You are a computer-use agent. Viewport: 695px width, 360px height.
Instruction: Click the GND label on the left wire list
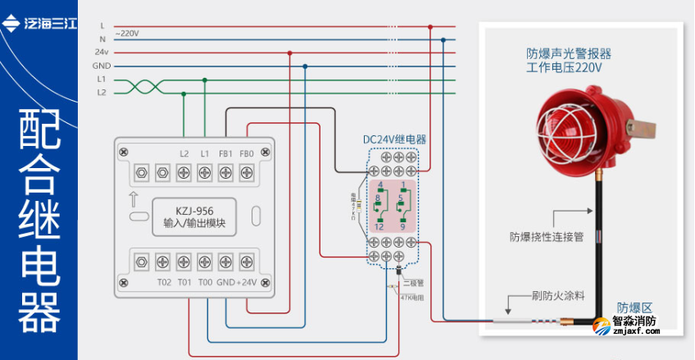click(102, 65)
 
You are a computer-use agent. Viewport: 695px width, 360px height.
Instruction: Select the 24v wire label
click(102, 52)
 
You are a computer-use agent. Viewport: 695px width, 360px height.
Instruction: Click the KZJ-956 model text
click(194, 210)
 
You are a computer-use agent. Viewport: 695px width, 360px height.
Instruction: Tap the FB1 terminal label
click(225, 153)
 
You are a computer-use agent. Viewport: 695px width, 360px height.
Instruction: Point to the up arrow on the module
click(133, 198)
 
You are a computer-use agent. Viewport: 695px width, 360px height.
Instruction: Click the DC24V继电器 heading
click(395, 139)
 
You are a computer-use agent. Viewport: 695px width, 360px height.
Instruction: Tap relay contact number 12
click(378, 226)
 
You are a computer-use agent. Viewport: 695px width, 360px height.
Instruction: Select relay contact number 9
click(403, 226)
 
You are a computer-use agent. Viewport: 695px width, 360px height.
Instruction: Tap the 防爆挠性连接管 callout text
click(546, 237)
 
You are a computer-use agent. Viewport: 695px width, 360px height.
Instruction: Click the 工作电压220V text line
click(564, 68)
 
